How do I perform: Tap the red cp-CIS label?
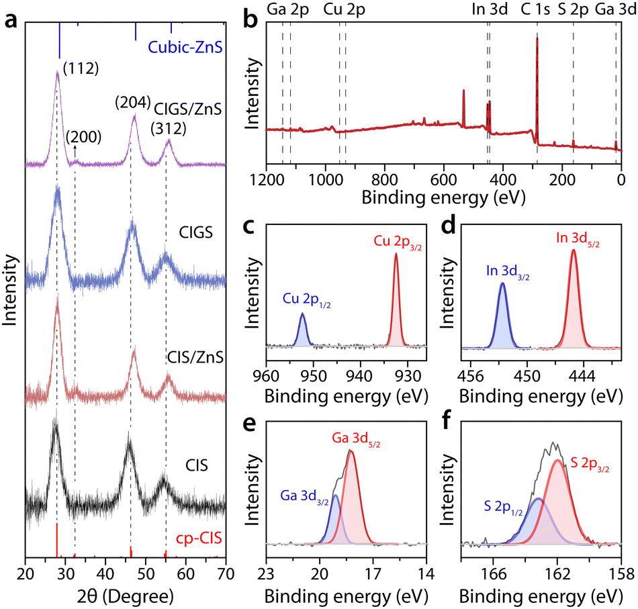[199, 537]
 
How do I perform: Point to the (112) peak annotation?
[81, 68]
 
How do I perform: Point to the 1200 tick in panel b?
[267, 179]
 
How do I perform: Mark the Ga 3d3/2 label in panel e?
[302, 495]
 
